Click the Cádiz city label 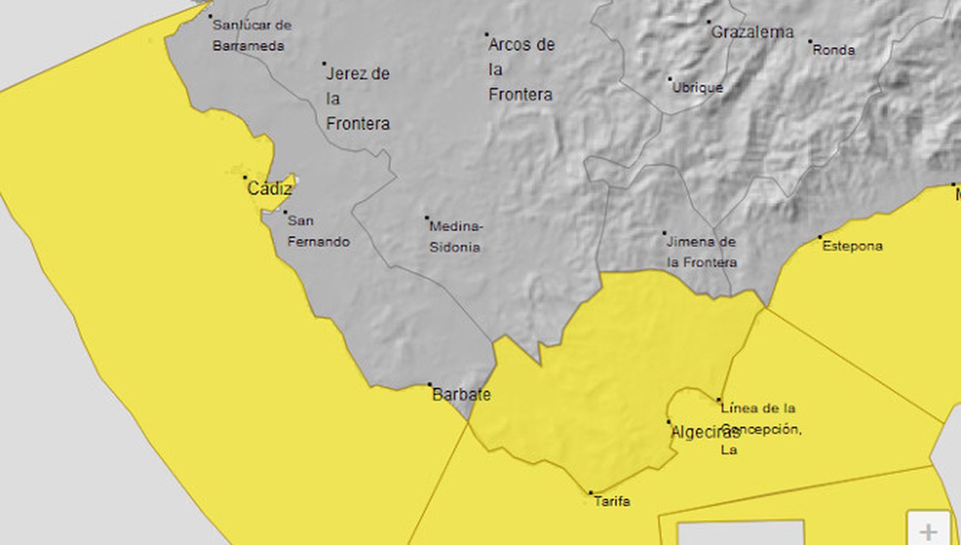(x=270, y=189)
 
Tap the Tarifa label (x=612, y=501)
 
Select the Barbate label (x=461, y=395)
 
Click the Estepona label (x=852, y=246)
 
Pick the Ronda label (x=834, y=50)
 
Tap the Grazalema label (x=752, y=32)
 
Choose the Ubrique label (x=697, y=88)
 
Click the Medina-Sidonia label (x=455, y=237)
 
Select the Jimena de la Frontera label (x=702, y=252)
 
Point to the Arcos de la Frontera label (x=521, y=69)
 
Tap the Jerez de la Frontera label (x=357, y=99)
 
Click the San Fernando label (x=318, y=231)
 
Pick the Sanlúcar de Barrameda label (x=251, y=35)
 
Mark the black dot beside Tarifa (x=590, y=493)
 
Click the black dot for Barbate (x=429, y=385)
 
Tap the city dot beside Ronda (x=810, y=41)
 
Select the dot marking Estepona (x=820, y=237)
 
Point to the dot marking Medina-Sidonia (x=427, y=218)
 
